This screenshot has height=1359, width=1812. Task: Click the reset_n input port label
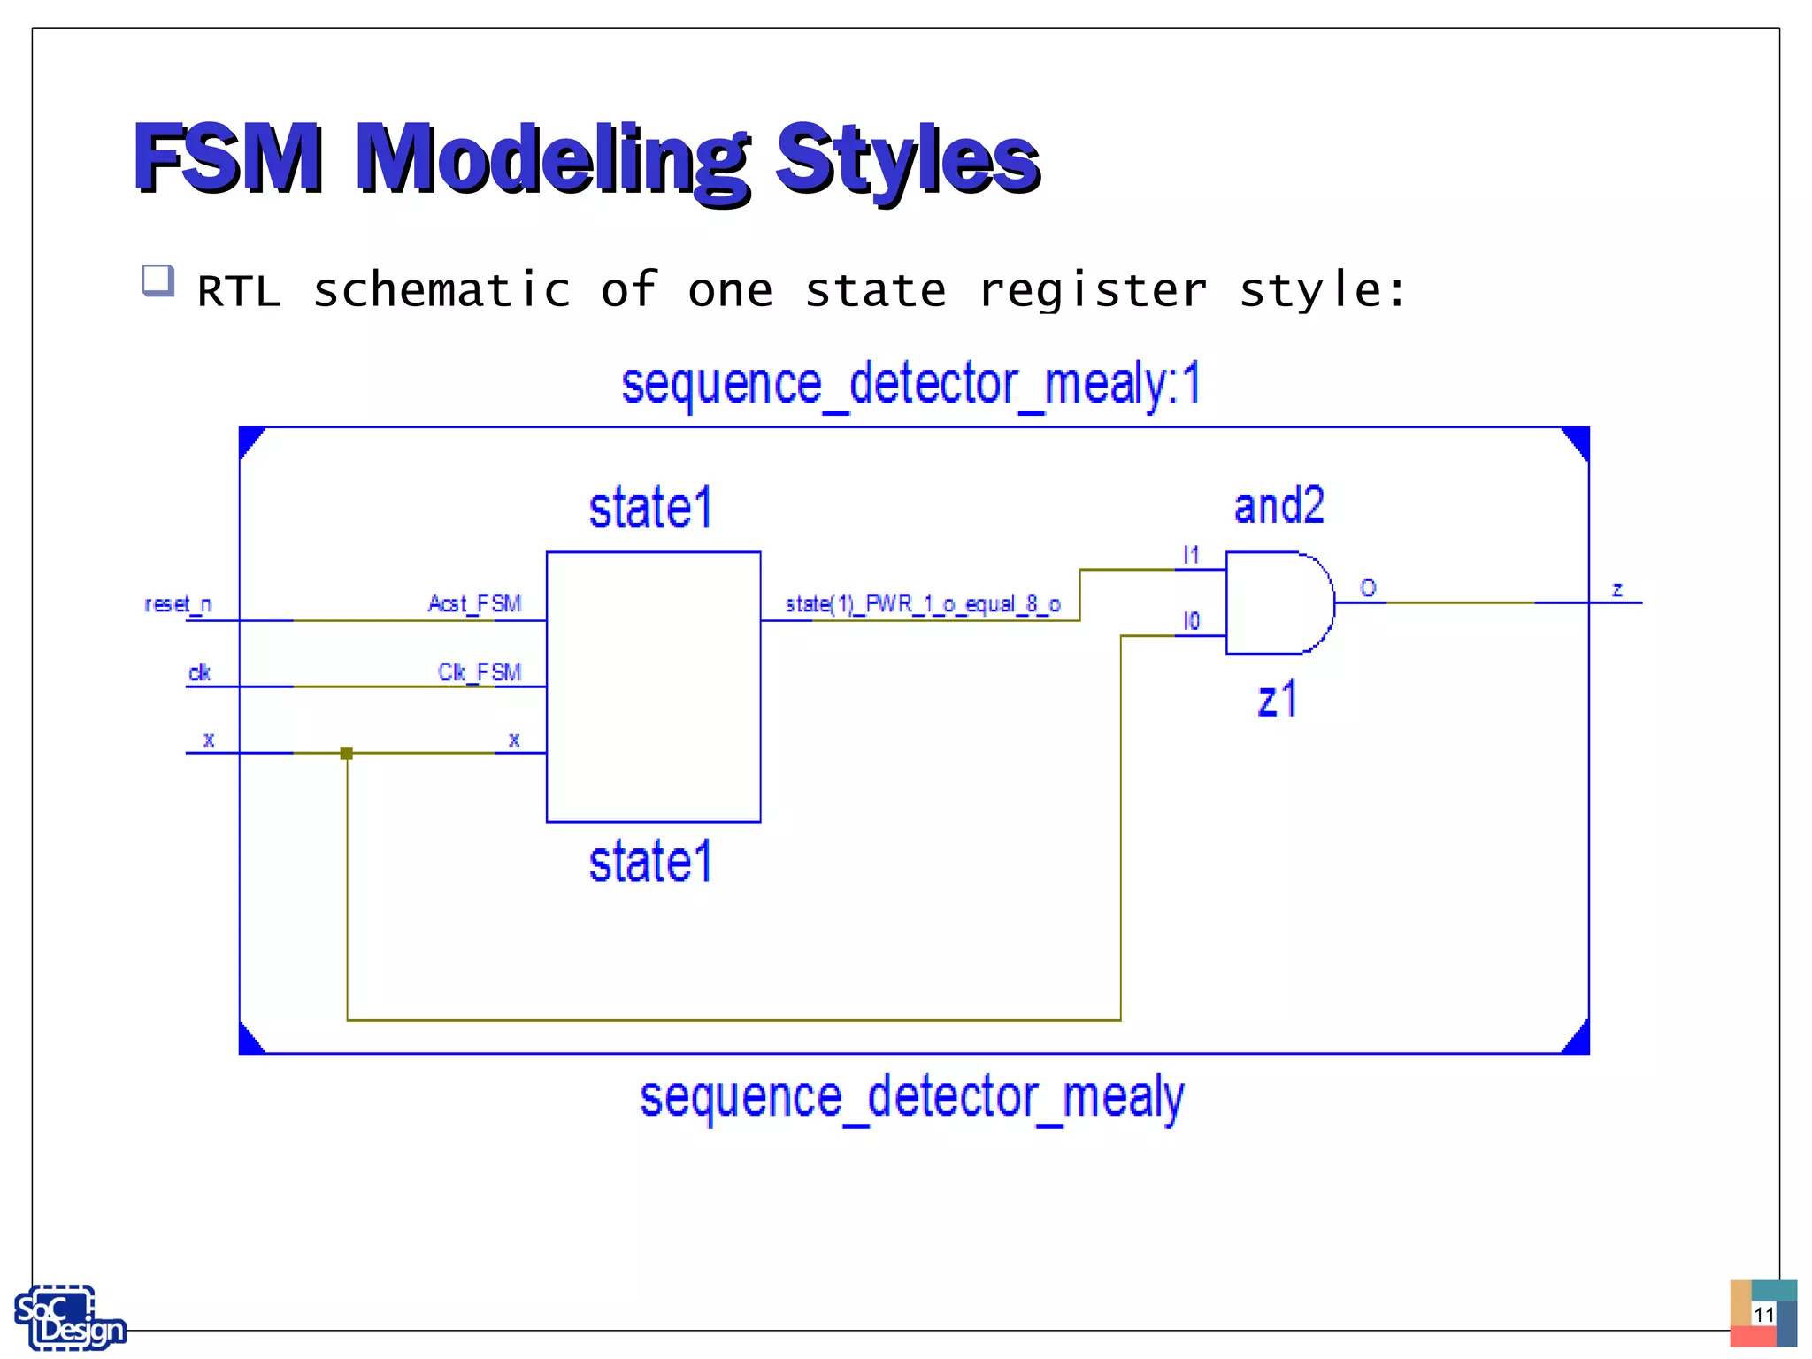pos(178,604)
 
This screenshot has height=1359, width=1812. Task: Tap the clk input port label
pos(199,672)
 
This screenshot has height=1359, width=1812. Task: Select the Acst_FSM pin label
pos(474,603)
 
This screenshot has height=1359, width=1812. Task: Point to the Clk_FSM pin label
pos(480,672)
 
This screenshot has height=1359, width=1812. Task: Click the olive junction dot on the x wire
pos(347,753)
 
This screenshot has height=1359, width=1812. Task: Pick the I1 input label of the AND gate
pos(1191,555)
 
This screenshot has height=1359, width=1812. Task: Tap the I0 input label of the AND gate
pos(1191,621)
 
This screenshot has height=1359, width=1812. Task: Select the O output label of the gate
pos(1368,587)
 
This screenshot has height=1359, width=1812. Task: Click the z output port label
pos(1616,589)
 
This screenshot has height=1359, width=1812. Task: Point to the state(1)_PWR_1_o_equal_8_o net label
pos(923,604)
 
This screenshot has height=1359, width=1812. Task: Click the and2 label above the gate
pos(1278,506)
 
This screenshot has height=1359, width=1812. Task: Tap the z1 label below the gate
pos(1277,699)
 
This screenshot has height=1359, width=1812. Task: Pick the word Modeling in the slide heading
pos(552,159)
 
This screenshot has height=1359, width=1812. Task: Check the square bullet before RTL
pos(158,281)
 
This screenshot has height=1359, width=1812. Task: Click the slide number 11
pos(1763,1314)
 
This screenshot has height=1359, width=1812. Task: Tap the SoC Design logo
pos(69,1318)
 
